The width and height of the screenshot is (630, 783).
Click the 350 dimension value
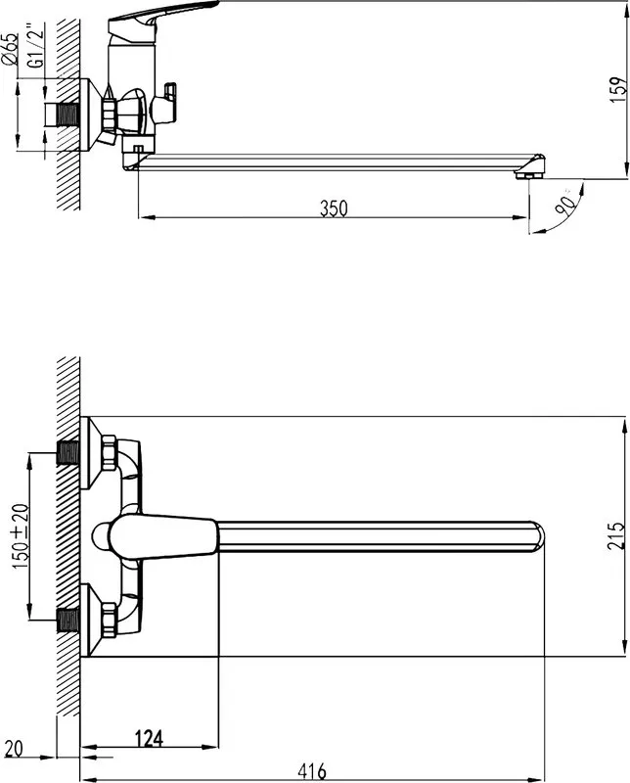[x=334, y=208]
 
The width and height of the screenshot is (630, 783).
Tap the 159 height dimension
[x=618, y=89]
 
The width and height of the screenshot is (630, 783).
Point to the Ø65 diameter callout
[x=10, y=48]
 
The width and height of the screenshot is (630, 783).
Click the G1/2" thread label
[x=36, y=44]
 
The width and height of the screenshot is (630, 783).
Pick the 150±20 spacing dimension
[x=21, y=536]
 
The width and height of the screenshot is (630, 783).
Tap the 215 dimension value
[x=616, y=535]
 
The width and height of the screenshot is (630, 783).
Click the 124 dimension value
[x=150, y=738]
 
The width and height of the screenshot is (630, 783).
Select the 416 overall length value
[x=312, y=771]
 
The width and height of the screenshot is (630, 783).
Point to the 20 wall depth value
[x=14, y=749]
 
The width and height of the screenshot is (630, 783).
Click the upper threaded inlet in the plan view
[x=67, y=452]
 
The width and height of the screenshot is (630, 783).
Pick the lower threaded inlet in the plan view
[x=67, y=621]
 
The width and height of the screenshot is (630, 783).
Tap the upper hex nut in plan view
[x=109, y=452]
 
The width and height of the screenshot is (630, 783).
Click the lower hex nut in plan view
[x=109, y=621]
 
